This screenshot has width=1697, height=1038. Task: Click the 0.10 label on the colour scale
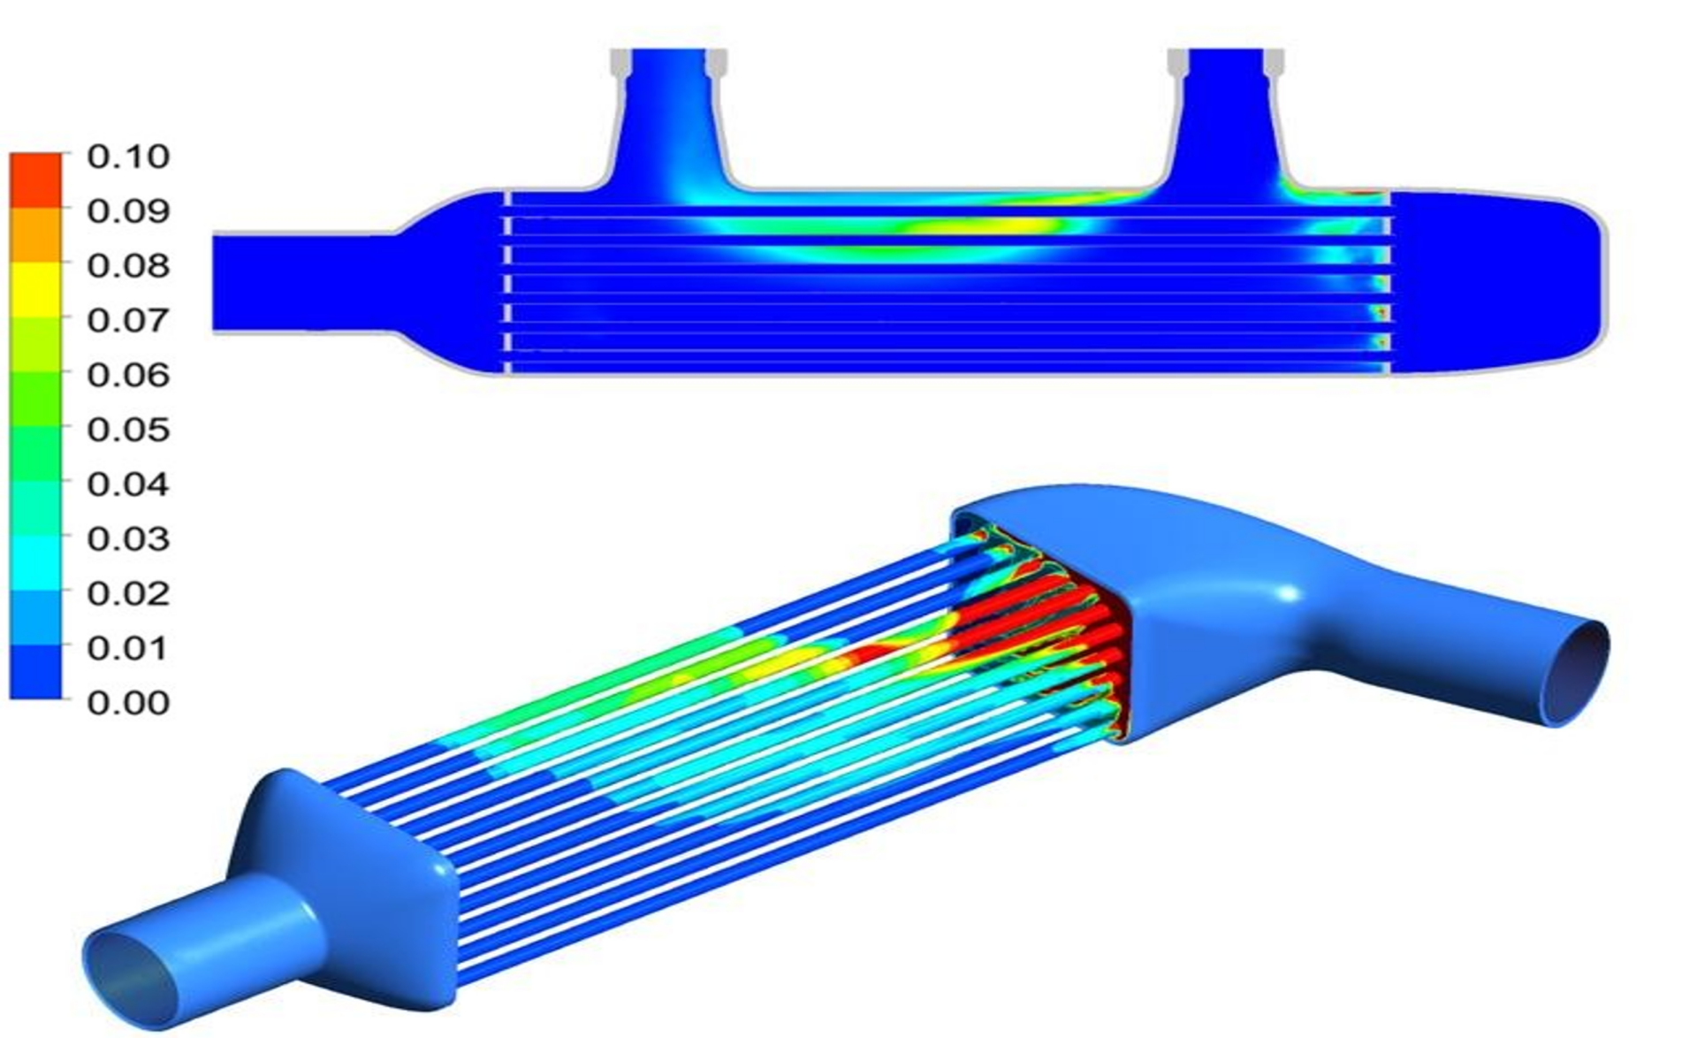click(x=128, y=156)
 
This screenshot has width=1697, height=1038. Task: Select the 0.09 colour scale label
click(x=128, y=211)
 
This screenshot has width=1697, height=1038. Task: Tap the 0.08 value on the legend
click(x=128, y=265)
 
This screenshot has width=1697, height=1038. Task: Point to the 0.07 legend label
click(x=128, y=320)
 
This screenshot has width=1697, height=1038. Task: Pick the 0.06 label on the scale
click(x=128, y=375)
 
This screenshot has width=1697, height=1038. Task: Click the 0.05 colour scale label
click(x=128, y=430)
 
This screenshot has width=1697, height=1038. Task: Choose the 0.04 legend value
click(x=128, y=485)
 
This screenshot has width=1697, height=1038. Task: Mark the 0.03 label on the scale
click(x=128, y=538)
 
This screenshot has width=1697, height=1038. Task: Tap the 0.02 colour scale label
click(x=128, y=593)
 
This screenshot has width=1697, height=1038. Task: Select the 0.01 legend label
click(x=128, y=648)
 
